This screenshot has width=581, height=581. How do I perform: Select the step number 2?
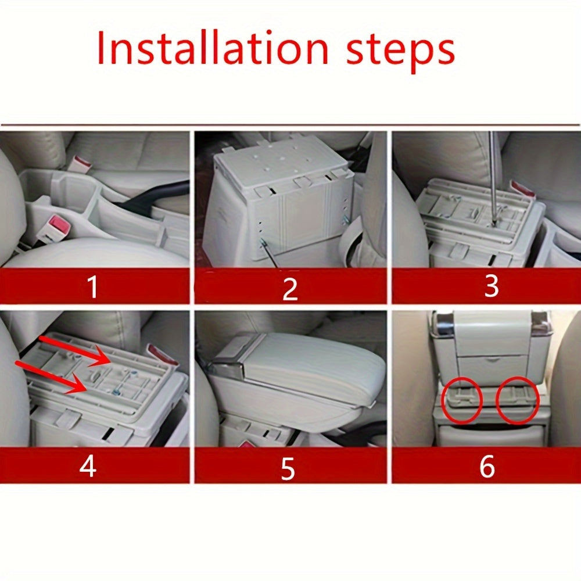[x=290, y=289]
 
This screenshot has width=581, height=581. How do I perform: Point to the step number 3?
[x=491, y=286]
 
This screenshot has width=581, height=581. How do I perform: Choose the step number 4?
[x=88, y=466]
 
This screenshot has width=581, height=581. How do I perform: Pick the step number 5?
[x=288, y=468]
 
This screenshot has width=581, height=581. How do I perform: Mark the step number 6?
[x=487, y=466]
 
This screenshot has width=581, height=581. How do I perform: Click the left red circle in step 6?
[x=462, y=399]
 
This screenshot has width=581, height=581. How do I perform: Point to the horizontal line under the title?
[x=290, y=125]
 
